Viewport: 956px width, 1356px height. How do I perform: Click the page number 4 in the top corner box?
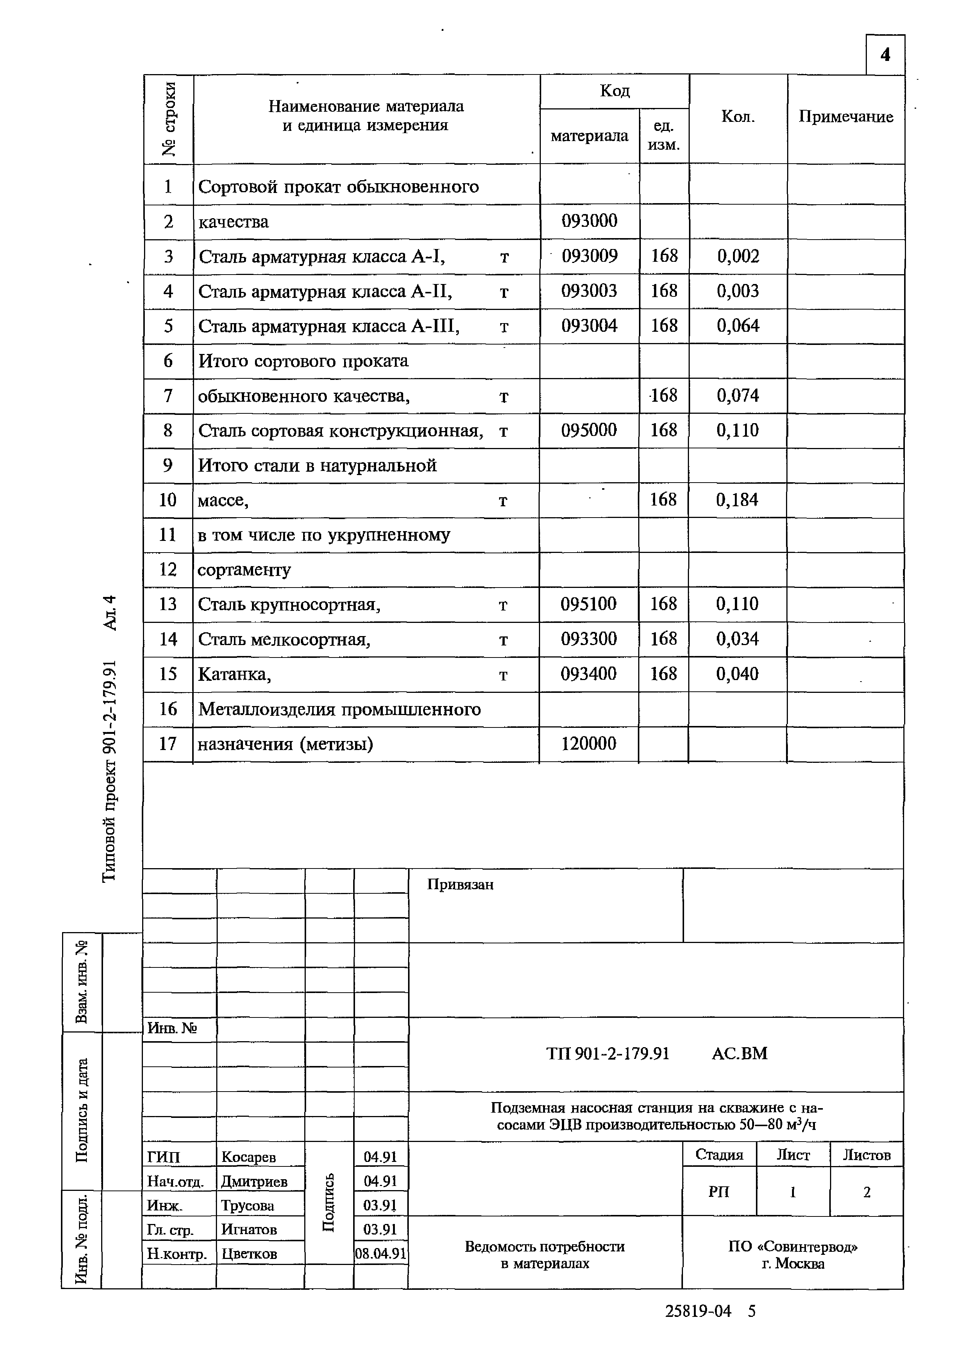point(885,55)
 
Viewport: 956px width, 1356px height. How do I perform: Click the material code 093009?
point(589,256)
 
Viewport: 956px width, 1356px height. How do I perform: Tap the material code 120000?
point(588,744)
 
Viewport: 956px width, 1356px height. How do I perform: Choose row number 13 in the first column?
point(168,604)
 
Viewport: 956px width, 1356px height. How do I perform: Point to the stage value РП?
point(719,1192)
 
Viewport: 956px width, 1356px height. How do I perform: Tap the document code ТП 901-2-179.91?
point(608,1054)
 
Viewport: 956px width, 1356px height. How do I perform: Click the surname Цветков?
point(249,1254)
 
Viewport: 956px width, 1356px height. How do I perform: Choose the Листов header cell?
point(866,1155)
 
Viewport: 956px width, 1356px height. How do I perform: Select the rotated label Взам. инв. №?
point(82,981)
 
